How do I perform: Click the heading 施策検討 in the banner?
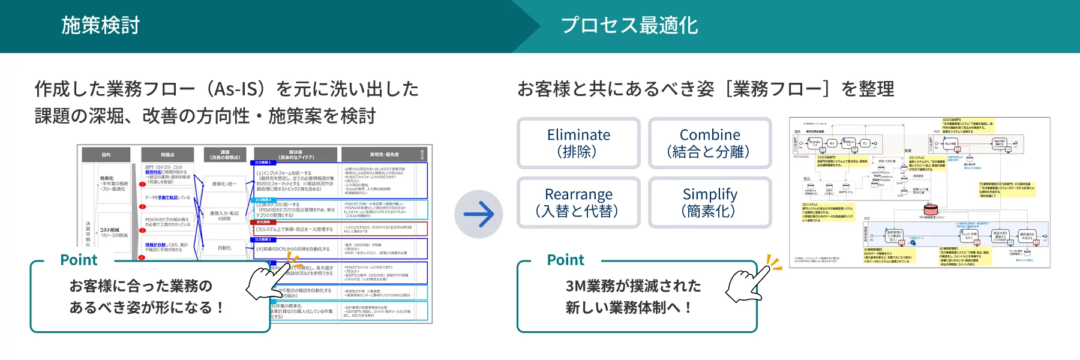click(x=100, y=25)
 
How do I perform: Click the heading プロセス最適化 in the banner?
click(x=629, y=25)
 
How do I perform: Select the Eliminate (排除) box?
click(x=578, y=143)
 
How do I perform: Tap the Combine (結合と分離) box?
click(x=709, y=143)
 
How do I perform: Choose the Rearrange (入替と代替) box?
click(x=578, y=202)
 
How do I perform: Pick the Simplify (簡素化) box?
click(x=709, y=202)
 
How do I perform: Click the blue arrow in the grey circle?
click(x=478, y=214)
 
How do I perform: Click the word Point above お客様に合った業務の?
click(x=79, y=260)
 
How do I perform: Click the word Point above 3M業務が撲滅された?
click(x=565, y=260)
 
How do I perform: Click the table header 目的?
click(x=106, y=155)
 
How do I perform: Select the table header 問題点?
click(x=167, y=155)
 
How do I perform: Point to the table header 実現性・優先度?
click(x=384, y=155)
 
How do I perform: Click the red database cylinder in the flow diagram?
click(x=930, y=209)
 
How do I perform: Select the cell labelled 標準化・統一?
click(x=224, y=184)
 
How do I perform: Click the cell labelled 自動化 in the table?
click(x=224, y=248)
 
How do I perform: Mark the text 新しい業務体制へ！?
click(x=629, y=308)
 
